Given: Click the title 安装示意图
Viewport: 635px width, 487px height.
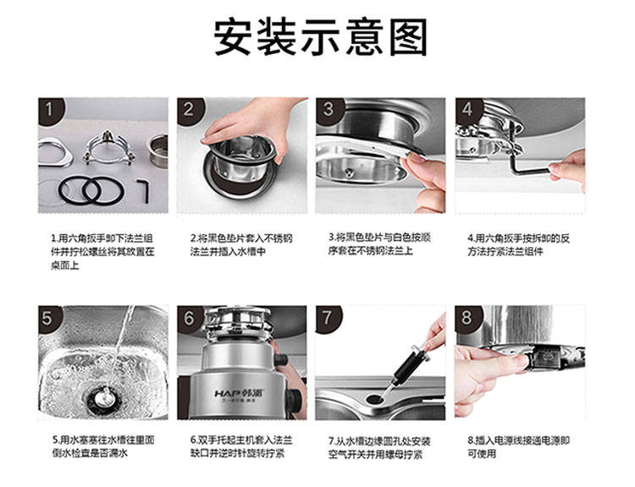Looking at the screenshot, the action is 320,37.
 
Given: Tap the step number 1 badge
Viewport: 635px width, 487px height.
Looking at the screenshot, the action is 50,110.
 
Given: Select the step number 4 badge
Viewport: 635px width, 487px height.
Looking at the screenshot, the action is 467,109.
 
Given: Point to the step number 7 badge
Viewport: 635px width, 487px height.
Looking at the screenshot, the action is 327,318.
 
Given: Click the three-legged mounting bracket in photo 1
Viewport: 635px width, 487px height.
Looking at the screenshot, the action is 108,149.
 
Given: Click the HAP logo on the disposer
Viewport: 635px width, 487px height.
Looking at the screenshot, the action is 229,393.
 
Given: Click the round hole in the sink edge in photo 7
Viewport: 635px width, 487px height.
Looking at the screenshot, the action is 376,399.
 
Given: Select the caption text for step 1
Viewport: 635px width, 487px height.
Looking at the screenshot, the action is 102,251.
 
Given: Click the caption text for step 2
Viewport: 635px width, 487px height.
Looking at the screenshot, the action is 241,244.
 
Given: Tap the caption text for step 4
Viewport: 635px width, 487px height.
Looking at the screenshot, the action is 519,244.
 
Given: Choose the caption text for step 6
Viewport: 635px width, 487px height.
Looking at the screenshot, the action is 241,446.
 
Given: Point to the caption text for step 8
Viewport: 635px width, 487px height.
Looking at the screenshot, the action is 519,446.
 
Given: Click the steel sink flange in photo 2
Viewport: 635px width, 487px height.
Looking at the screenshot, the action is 242,161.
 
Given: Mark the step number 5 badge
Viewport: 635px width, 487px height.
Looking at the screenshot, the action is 49,318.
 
